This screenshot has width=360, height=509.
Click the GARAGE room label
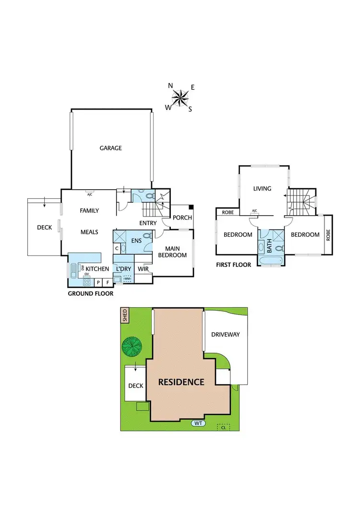coord(110,148)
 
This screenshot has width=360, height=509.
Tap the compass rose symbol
coord(180,98)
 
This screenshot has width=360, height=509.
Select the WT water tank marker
coord(197,423)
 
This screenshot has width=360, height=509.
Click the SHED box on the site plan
coord(125,315)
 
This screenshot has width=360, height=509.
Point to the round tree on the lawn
coord(132,346)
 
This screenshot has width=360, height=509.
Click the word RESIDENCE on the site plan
coord(181,382)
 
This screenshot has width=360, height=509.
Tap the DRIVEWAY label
coord(225,334)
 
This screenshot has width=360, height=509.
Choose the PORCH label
coord(182,218)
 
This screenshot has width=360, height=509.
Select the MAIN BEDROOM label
coord(172,252)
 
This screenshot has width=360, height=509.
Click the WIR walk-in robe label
coord(143,269)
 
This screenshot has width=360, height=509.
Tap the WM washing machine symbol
coord(127,279)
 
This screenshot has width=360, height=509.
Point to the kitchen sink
coord(73,272)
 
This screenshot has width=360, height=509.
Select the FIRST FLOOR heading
coord(234,265)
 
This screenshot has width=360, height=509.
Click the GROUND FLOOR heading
coord(90,293)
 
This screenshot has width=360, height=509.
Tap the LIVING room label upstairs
coord(262,189)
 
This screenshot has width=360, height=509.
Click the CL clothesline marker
coord(223,426)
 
